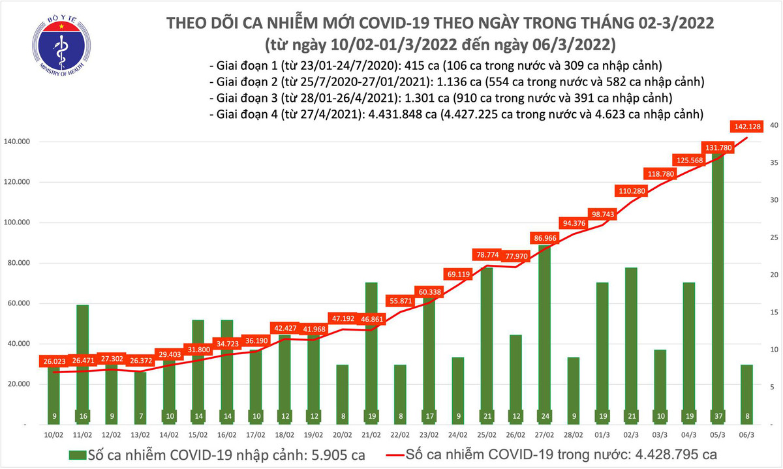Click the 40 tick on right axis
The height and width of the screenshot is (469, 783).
coord(772,125)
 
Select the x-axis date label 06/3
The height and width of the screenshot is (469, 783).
coord(745,432)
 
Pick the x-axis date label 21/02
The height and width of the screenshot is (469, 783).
coord(371,432)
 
